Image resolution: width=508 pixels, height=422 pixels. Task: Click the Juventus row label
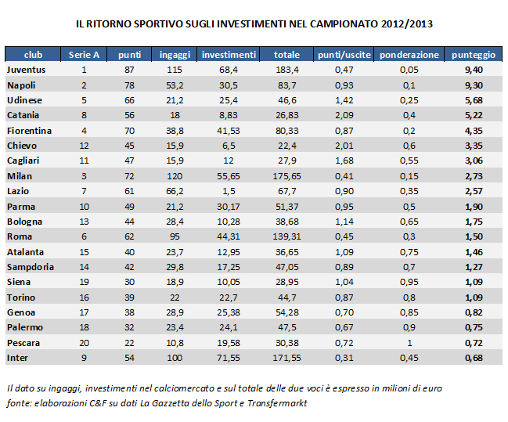click(27, 70)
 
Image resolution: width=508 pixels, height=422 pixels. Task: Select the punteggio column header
click(473, 55)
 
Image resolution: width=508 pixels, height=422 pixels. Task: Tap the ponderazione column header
click(409, 55)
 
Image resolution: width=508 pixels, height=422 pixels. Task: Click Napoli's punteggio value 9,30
click(473, 85)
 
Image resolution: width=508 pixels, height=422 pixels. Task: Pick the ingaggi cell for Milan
click(175, 176)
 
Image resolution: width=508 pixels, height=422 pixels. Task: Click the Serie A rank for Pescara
click(84, 343)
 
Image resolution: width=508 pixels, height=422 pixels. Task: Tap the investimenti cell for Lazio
click(229, 191)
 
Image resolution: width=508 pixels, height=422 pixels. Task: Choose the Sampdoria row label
click(30, 267)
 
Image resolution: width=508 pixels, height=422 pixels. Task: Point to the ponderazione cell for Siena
click(409, 282)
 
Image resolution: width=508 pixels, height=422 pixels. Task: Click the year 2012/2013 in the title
click(403, 24)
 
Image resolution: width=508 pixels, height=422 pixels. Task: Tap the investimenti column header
click(229, 55)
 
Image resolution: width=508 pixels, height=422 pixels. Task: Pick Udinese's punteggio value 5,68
click(473, 100)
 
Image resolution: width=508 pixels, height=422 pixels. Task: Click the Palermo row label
click(26, 327)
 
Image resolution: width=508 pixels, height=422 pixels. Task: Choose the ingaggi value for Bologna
click(175, 222)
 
